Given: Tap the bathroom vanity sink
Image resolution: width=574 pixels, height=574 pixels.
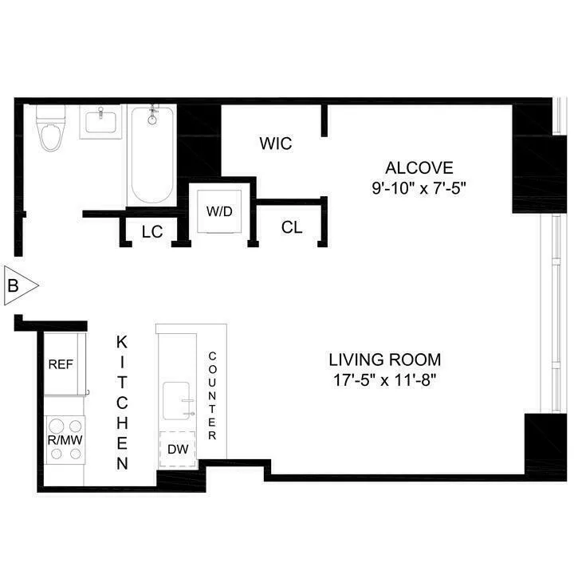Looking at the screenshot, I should point(99,124).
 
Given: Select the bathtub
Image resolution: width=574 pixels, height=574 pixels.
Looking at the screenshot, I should point(152,155).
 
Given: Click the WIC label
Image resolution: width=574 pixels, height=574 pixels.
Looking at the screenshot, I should point(276,144).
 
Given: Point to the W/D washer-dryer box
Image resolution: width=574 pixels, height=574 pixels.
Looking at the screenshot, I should point(219,213).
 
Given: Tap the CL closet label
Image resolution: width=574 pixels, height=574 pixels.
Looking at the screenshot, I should point(292,228).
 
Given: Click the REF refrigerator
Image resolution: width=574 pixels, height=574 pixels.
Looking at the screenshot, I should point(61,365).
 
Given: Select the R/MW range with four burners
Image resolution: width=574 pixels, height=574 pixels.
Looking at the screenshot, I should point(65,439).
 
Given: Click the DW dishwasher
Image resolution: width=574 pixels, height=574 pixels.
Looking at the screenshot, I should point(178,449).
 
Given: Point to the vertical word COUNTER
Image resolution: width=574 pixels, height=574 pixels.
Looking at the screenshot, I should point(212,396).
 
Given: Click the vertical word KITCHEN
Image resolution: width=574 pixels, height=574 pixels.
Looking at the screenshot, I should point(122,403).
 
